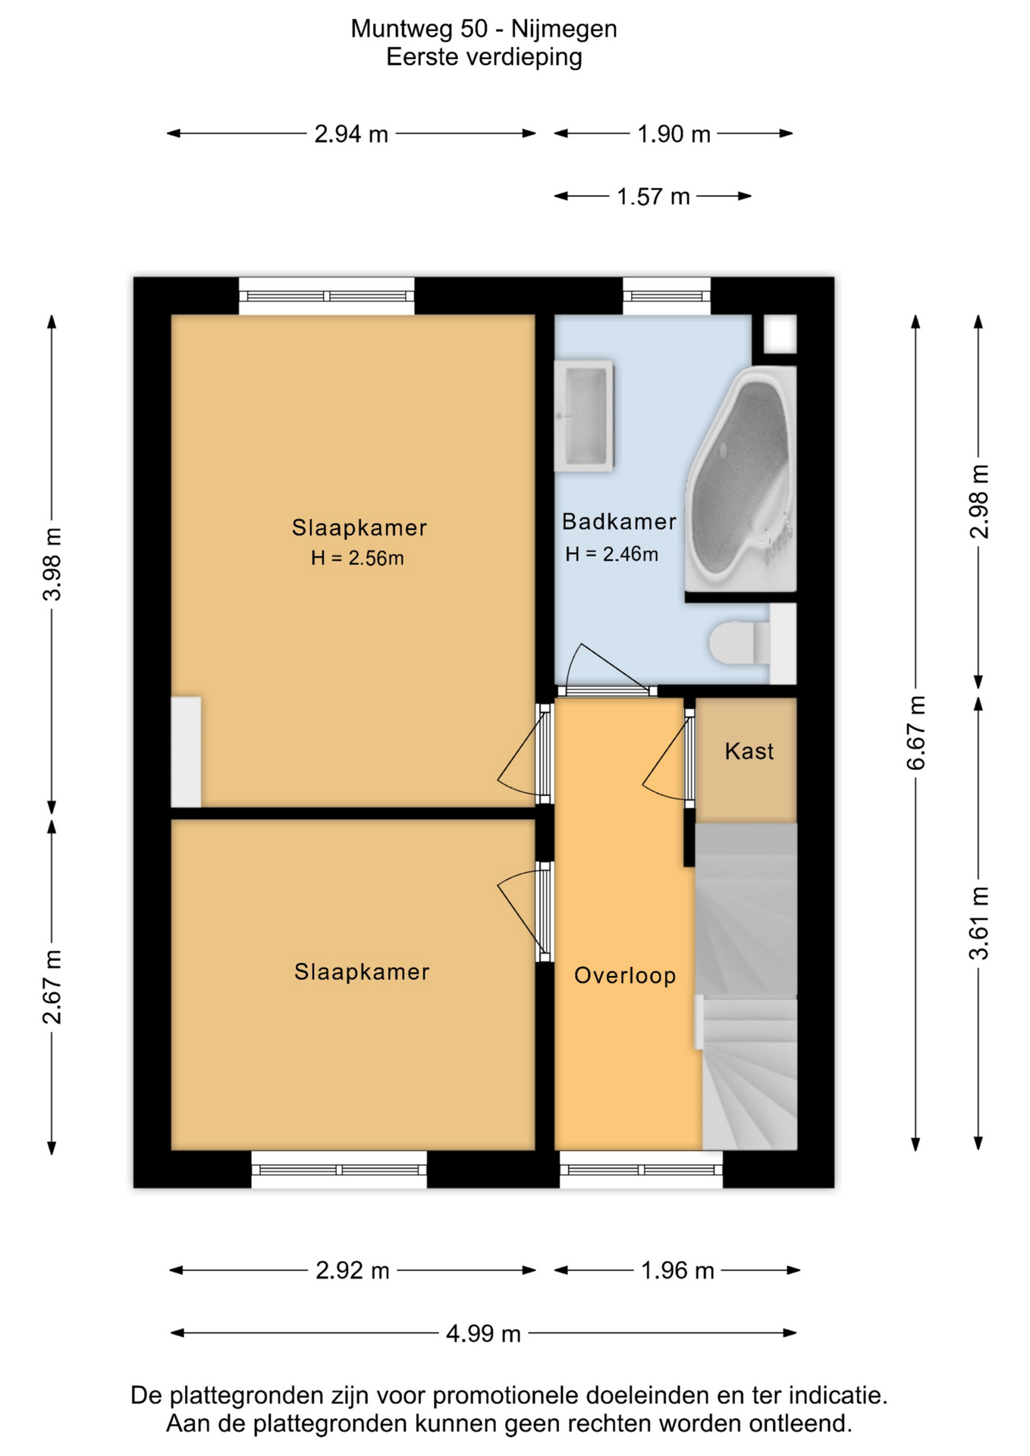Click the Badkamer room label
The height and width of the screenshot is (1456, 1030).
click(619, 522)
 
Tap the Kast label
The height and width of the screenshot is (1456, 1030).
click(749, 752)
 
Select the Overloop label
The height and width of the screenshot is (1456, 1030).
click(625, 975)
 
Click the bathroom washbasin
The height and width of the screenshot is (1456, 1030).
click(584, 416)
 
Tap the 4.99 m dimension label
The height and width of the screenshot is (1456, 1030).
click(483, 1333)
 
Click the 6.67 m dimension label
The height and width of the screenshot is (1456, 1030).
click(916, 733)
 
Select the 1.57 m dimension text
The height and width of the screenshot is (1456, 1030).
click(653, 196)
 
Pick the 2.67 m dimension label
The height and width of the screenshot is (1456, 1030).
click(52, 987)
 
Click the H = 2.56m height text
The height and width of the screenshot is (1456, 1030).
click(357, 559)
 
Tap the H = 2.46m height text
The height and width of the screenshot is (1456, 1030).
click(611, 554)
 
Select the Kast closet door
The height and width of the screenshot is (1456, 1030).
click(668, 758)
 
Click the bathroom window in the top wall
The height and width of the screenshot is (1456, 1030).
click(667, 296)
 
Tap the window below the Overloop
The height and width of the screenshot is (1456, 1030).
click(641, 1169)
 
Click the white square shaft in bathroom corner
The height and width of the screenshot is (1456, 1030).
click(780, 334)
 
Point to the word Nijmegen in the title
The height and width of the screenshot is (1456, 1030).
click(564, 29)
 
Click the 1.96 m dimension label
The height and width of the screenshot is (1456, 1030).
click(677, 1270)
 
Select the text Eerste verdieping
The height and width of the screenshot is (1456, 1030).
click(484, 58)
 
